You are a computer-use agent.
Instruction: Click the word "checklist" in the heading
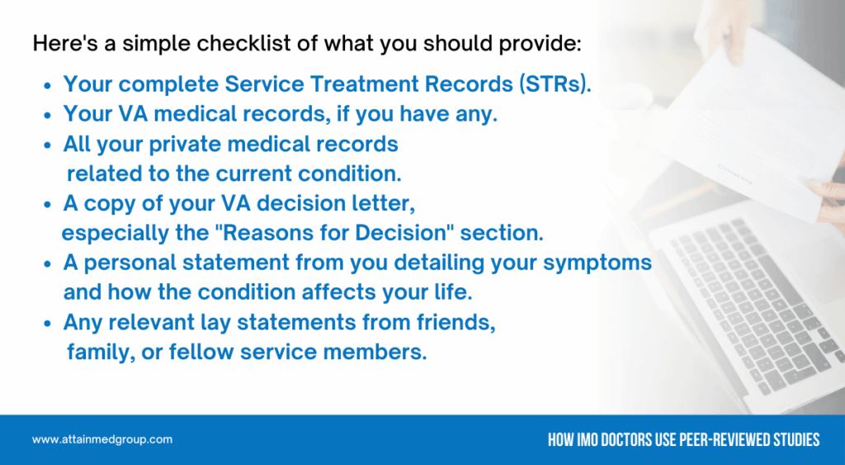243,43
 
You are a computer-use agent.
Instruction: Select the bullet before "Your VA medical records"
48,116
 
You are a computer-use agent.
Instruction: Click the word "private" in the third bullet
185,144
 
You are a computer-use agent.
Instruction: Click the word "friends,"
456,322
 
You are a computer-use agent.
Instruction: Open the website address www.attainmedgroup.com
102,439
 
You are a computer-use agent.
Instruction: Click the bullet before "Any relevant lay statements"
48,324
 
